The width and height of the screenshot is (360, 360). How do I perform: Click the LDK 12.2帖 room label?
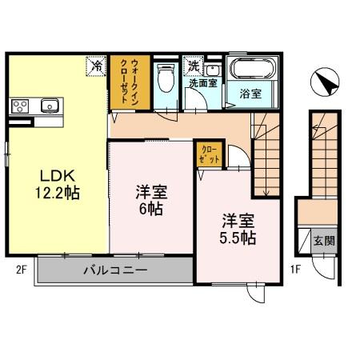(x=55, y=185)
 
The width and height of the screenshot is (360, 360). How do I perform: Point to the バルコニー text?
(x=115, y=270)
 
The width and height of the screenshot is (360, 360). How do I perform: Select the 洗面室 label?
(x=202, y=82)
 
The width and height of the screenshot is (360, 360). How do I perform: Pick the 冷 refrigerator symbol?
(x=97, y=66)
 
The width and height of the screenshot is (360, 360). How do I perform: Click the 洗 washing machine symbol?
(x=193, y=66)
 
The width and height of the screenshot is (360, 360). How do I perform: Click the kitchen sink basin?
(x=50, y=105)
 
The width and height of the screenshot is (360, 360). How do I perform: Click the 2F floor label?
(x=21, y=270)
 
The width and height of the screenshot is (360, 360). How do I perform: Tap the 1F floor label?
(x=294, y=270)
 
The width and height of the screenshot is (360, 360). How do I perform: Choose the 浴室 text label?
(x=251, y=94)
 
